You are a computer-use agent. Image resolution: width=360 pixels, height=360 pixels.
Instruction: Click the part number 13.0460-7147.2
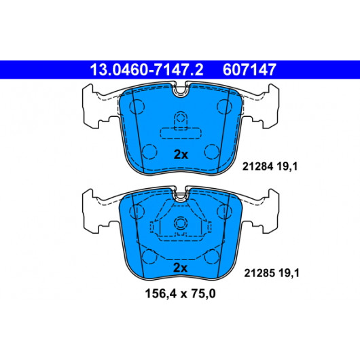pos(147,69)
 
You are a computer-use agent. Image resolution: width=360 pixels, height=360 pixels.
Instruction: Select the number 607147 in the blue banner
pos(249,69)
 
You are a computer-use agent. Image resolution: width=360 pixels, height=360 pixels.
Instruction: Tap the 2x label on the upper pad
pos(181,155)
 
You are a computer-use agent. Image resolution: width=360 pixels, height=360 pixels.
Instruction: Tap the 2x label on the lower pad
pos(180,268)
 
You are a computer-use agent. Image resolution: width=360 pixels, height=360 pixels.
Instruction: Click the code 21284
pos(257,166)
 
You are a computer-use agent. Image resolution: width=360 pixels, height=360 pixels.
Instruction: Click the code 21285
pos(259,273)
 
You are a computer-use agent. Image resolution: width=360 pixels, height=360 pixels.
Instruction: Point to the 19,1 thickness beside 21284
pos(287,166)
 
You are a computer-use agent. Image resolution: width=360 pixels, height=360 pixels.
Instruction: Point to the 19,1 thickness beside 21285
pos(289,273)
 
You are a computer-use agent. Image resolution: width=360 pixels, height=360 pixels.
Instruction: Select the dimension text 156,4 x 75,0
pos(180,293)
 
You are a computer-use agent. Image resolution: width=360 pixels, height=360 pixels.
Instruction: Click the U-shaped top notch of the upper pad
pos(181,94)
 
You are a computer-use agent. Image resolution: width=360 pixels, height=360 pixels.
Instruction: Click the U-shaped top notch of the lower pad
pos(181,199)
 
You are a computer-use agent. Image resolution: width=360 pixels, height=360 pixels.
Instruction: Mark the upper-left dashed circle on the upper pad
pos(137,107)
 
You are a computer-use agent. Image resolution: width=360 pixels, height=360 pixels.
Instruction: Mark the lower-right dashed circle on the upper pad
pos(212,151)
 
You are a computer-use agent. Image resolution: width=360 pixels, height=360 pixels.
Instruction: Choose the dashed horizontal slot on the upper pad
pos(181,134)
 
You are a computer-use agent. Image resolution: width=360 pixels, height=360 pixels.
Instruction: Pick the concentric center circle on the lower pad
pos(181,223)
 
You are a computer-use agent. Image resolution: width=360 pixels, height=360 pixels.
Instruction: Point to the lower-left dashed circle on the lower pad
pos(149,257)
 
